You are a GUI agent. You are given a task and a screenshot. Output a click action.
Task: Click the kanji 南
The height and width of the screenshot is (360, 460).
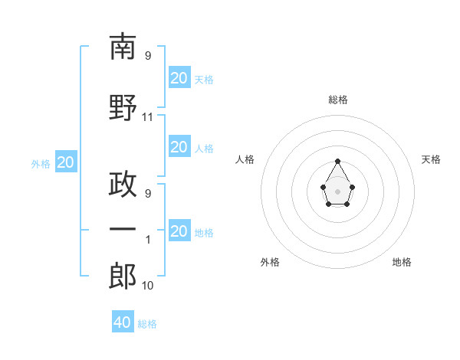point(123,47)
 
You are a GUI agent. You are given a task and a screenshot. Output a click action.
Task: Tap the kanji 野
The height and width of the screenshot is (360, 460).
point(123,107)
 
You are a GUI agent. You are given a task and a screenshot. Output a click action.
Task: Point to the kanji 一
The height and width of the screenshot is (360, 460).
point(123,229)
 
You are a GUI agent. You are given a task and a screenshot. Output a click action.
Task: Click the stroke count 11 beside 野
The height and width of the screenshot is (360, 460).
point(148,117)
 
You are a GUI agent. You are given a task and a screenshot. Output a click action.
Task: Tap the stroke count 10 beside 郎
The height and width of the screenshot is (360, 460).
point(148,285)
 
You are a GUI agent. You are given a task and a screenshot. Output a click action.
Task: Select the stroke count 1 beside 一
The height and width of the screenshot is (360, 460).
point(148,239)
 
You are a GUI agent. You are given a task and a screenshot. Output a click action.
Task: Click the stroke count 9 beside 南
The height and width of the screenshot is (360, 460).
point(148,56)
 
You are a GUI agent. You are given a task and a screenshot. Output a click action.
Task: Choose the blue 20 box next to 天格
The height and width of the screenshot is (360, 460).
point(179,77)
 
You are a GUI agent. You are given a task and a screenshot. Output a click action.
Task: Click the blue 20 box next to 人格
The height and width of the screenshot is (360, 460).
point(179,146)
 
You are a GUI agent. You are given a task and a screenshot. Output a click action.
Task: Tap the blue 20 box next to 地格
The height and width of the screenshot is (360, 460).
point(179,231)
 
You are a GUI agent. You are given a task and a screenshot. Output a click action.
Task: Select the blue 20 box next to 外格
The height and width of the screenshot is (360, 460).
point(66,162)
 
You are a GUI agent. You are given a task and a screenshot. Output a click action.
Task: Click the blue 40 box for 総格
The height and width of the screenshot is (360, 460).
point(123,322)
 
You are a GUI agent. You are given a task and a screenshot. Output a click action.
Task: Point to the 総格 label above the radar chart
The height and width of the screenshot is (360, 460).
point(338,100)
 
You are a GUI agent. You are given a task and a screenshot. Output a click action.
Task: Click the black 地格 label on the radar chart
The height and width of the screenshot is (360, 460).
point(402,262)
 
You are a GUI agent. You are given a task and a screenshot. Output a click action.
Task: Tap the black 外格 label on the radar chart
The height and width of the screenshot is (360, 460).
point(270,262)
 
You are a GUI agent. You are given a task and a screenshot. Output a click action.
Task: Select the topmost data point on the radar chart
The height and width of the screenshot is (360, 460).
point(337,161)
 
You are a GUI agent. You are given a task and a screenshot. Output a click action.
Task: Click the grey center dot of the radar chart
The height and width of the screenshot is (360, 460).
point(337,190)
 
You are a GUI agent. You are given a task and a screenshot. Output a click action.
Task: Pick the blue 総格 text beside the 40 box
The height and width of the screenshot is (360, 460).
point(147,324)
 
